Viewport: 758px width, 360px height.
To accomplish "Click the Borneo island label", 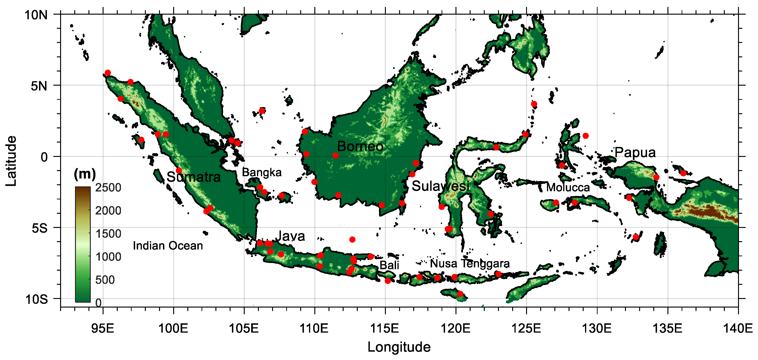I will [x=360, y=146].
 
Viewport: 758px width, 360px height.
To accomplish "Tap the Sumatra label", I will [x=193, y=177].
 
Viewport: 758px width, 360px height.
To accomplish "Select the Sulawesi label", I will [x=440, y=186].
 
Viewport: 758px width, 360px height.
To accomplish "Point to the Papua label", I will [x=635, y=152].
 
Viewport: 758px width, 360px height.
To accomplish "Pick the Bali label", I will [x=389, y=265].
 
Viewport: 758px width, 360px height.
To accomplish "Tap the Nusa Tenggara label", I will [x=470, y=263].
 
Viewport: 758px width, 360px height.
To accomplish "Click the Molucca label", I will [x=568, y=187].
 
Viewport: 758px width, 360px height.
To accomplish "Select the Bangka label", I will [x=262, y=172].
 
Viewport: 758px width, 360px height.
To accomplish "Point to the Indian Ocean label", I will [x=168, y=246].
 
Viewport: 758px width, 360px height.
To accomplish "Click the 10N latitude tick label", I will [x=36, y=15].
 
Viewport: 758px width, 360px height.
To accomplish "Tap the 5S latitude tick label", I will [x=39, y=228].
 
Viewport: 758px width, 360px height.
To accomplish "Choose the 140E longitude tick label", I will [x=738, y=328].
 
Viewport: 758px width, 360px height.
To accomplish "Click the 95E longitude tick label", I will [x=103, y=328].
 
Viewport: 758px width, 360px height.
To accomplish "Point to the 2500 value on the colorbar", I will [x=108, y=188].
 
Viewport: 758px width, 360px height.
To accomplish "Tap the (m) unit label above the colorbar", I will [x=85, y=174].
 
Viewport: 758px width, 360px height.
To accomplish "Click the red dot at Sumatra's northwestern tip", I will [x=108, y=73].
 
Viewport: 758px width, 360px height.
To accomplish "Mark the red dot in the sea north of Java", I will [x=352, y=239].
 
